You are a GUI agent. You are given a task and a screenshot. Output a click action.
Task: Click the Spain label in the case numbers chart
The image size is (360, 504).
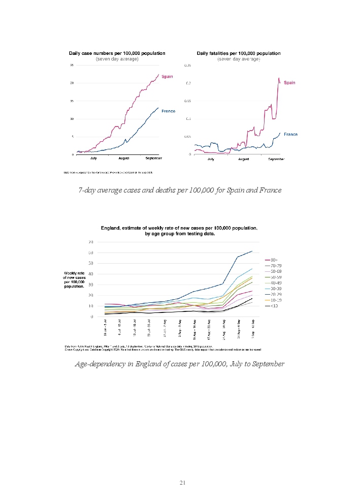click(167, 77)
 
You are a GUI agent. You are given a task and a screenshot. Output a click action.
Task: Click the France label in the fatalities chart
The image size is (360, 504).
click(290, 134)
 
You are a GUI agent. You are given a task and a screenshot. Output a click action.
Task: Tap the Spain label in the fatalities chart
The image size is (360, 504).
click(289, 82)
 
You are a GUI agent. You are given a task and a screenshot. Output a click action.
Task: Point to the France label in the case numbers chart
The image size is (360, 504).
click(169, 111)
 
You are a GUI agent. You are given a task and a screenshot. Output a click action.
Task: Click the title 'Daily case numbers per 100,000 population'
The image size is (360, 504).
click(117, 53)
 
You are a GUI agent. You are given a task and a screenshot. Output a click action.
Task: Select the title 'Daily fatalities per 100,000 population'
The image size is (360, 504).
click(239, 53)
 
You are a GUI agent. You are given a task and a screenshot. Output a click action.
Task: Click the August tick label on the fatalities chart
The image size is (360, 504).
click(243, 159)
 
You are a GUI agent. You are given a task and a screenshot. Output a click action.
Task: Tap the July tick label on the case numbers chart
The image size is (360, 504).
click(93, 159)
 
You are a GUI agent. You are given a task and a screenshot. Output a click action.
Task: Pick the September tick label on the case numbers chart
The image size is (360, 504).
click(153, 159)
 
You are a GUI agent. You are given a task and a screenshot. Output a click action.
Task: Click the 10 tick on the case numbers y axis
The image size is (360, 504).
click(73, 119)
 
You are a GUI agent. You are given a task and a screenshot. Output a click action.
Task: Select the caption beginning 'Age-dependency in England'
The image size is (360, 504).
click(179, 364)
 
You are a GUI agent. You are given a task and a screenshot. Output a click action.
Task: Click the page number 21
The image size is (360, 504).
click(183, 483)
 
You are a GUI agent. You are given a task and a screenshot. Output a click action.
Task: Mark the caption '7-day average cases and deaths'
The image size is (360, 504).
click(180, 190)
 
